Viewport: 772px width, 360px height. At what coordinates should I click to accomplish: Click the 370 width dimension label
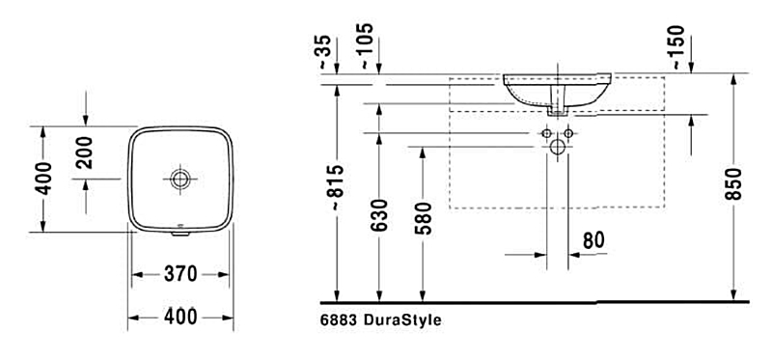click(x=180, y=274)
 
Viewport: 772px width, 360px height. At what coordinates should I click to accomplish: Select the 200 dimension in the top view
click(x=86, y=152)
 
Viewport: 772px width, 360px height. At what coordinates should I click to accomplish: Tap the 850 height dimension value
click(x=733, y=183)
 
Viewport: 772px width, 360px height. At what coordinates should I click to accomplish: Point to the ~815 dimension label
click(x=338, y=187)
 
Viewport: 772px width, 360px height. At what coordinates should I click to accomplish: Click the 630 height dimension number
click(x=379, y=215)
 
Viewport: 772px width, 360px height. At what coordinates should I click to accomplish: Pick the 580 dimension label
click(x=423, y=218)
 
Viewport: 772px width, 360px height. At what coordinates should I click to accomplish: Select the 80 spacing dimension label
click(x=593, y=240)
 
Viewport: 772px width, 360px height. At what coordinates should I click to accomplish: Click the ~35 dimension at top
click(x=324, y=52)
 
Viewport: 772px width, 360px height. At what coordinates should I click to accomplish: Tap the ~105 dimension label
click(x=367, y=45)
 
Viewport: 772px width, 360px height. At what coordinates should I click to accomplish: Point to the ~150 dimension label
click(x=677, y=46)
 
